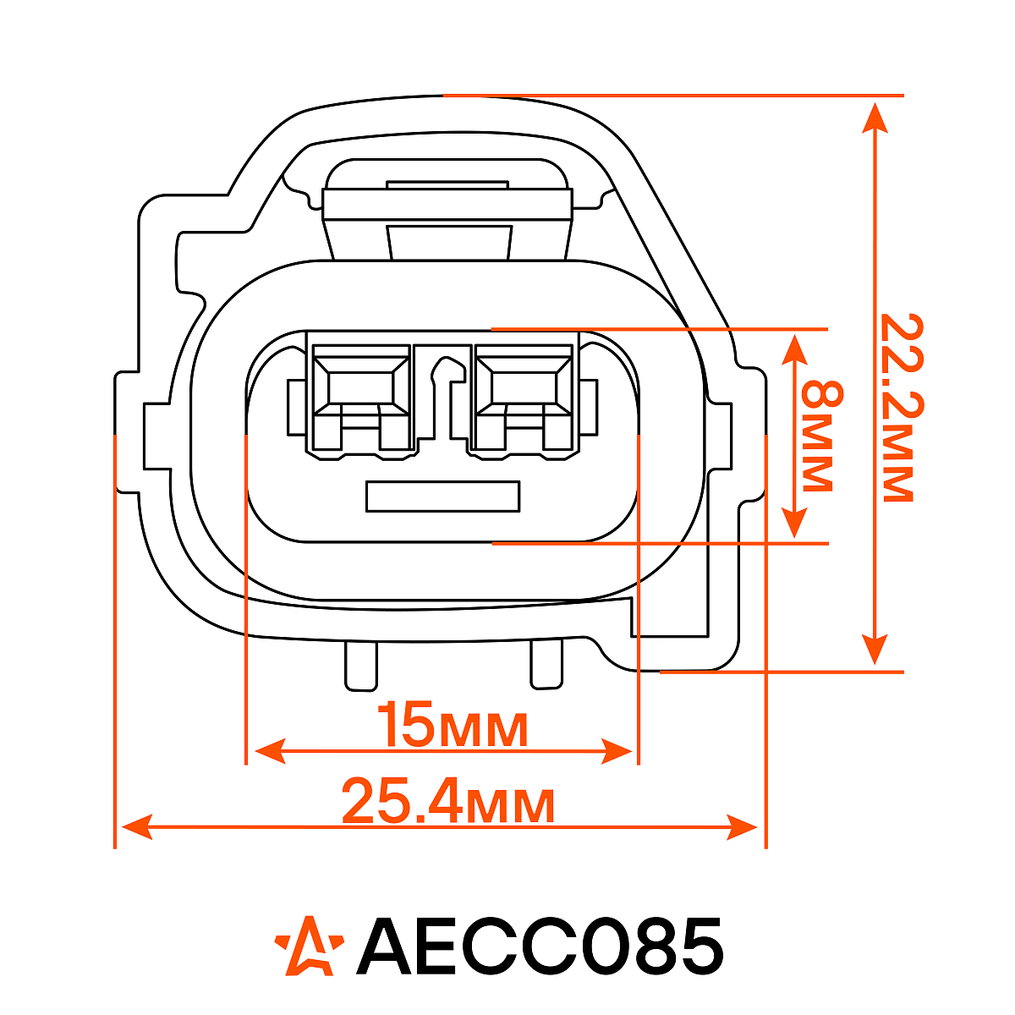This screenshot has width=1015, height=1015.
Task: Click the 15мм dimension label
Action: coord(453,725)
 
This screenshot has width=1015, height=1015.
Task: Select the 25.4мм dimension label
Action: coord(448,801)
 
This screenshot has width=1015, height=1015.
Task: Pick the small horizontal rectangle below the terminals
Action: coord(443,497)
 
